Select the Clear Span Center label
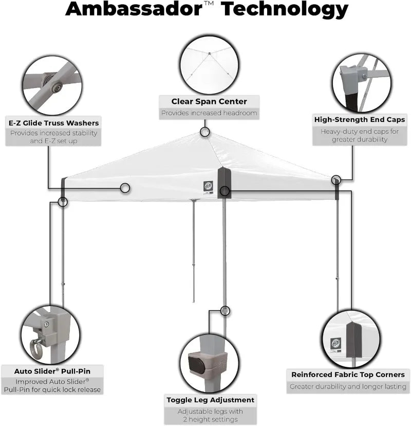[209, 101]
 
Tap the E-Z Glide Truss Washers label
[53, 123]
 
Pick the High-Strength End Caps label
[360, 119]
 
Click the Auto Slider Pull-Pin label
[51, 370]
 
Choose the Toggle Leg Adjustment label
[210, 400]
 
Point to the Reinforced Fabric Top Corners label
[348, 375]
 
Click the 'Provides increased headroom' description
[209, 113]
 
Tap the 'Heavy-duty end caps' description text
[360, 135]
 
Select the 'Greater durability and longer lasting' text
[348, 386]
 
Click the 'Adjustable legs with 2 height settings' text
[210, 416]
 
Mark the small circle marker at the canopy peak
[205, 132]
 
